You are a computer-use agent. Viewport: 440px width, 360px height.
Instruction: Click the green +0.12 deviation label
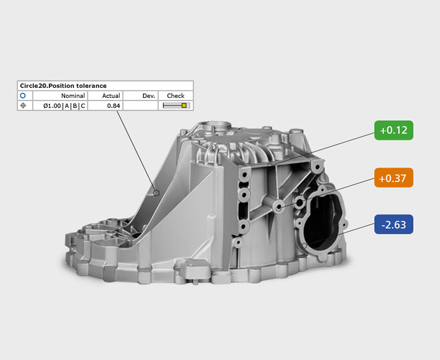[x=394, y=130]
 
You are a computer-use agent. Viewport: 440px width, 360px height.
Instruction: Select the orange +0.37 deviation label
[x=394, y=178]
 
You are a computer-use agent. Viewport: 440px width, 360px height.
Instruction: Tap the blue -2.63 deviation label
[x=394, y=224]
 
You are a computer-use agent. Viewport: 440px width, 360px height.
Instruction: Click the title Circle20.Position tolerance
[x=63, y=86]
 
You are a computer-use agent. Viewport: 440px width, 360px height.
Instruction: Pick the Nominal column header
[x=73, y=96]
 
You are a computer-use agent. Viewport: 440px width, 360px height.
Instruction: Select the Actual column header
[x=111, y=96]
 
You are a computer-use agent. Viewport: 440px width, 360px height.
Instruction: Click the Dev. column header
[x=149, y=96]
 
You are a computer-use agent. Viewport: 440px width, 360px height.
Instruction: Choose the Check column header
[x=175, y=96]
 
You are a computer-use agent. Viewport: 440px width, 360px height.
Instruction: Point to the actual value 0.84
[x=113, y=106]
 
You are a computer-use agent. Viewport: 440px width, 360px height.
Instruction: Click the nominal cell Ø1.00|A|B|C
[x=64, y=106]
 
